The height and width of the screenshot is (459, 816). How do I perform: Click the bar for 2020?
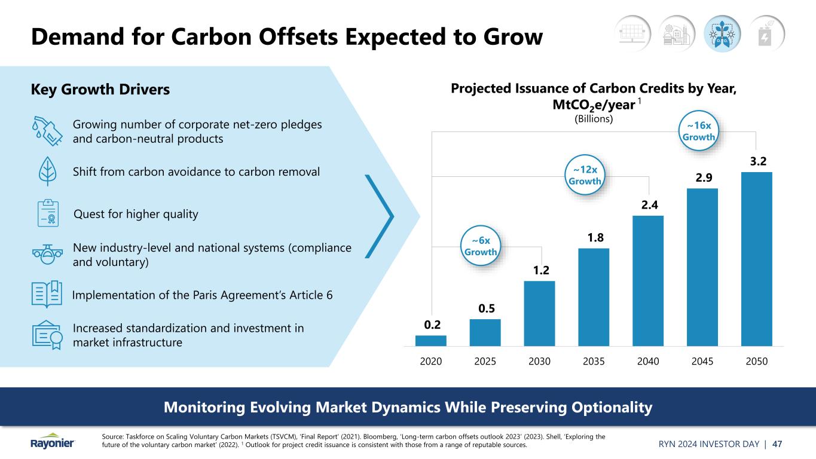(430, 341)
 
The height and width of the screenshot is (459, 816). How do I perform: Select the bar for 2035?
(594, 297)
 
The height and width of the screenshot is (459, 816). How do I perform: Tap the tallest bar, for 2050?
(756, 259)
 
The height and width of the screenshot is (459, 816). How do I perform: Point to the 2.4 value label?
(647, 205)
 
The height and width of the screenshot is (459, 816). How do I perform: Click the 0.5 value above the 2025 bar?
(485, 308)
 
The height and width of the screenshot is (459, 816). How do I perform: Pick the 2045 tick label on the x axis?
(702, 362)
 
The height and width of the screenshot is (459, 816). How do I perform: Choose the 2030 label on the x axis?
(539, 362)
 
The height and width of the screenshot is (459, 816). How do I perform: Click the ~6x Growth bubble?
(481, 246)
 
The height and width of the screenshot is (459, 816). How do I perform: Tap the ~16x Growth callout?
(698, 131)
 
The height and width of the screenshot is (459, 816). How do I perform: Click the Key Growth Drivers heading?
(100, 90)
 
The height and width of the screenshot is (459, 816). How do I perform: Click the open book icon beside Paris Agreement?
(47, 295)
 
